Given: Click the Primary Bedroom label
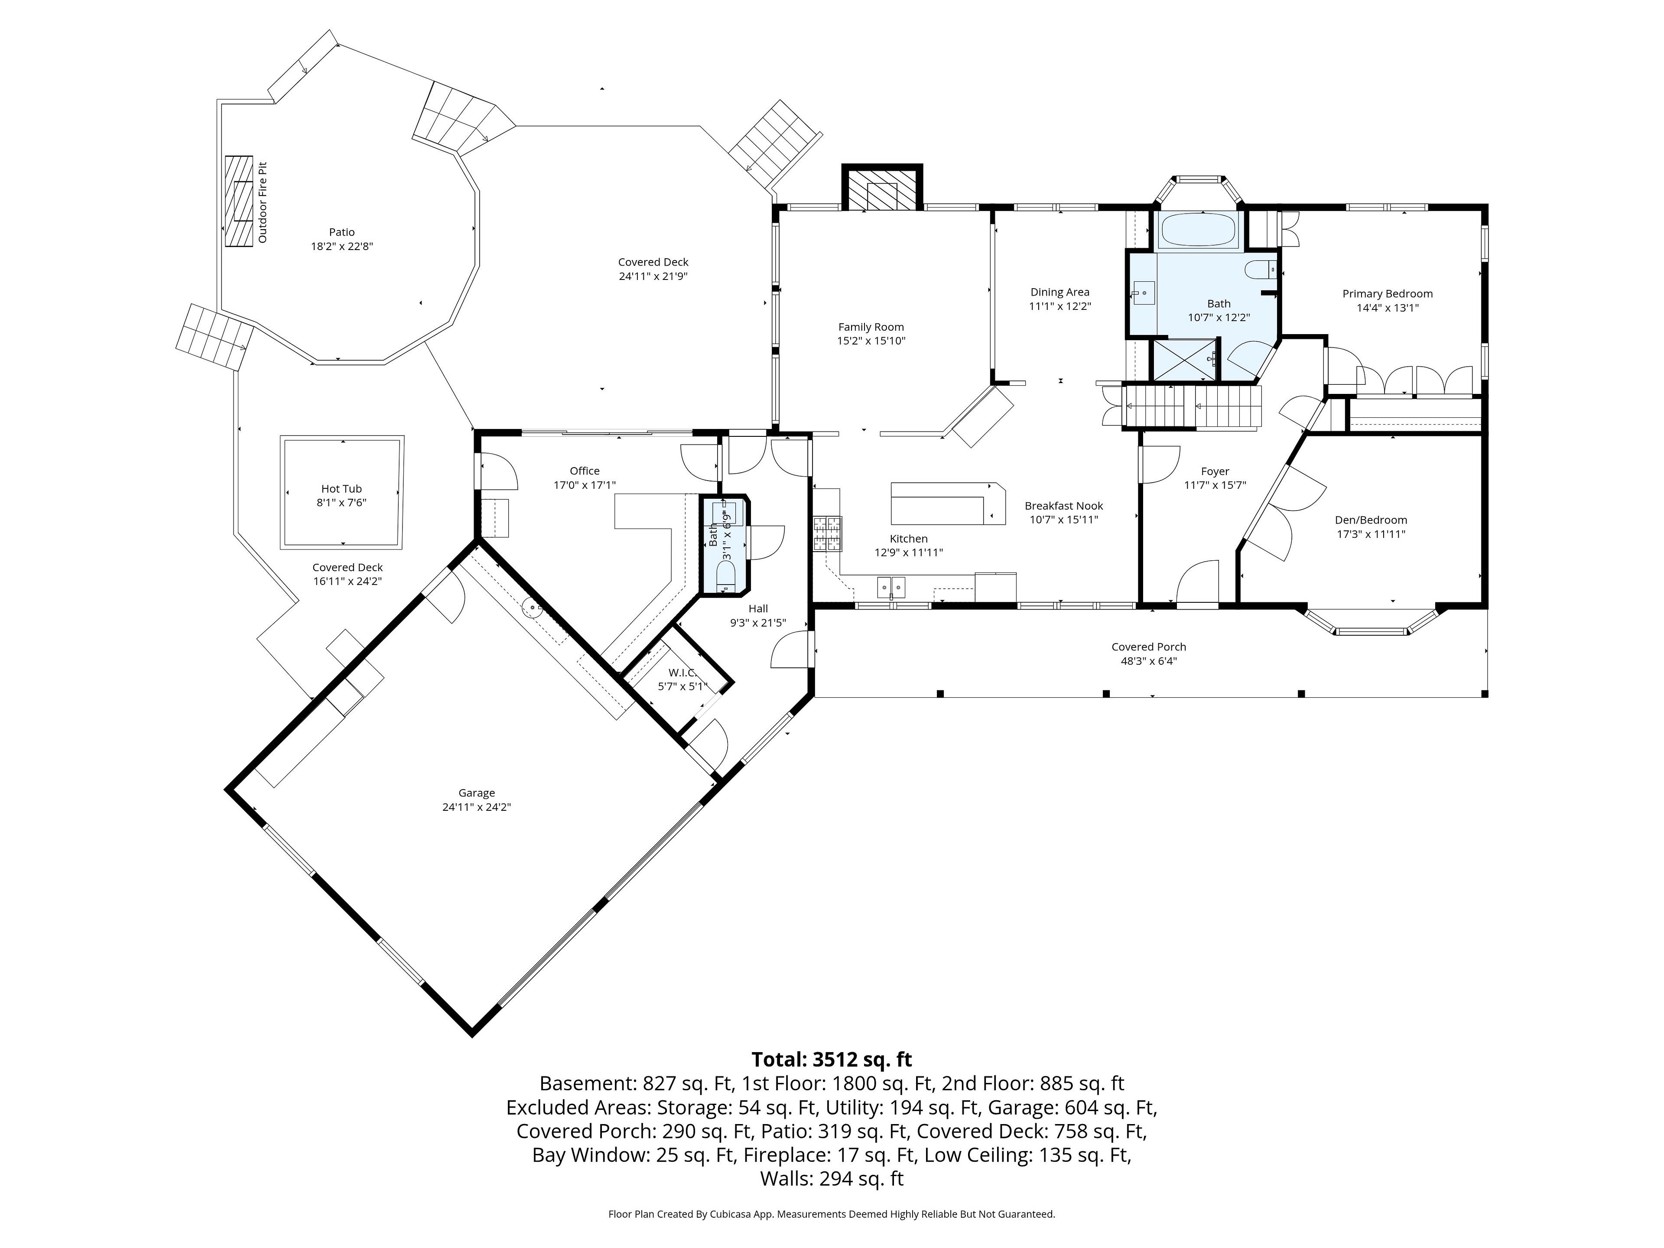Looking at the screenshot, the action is tap(1387, 293).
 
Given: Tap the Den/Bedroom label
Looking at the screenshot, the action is tap(1371, 520).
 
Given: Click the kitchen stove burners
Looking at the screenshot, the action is tap(827, 535).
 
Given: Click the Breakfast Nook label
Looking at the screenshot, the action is tap(1064, 506).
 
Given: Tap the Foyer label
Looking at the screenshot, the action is tap(1215, 471).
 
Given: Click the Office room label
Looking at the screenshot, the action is tap(585, 471).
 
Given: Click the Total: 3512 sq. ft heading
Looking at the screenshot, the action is tap(832, 1059).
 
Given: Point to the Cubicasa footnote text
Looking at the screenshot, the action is tap(832, 1213).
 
